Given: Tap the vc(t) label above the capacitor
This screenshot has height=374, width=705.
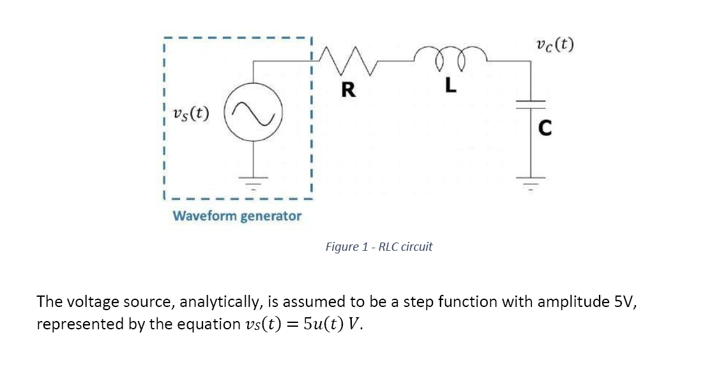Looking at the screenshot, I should (x=554, y=45).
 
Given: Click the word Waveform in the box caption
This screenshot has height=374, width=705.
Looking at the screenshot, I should (x=203, y=216).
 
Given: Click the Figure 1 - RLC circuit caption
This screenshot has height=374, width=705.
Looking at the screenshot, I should (x=379, y=247).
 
